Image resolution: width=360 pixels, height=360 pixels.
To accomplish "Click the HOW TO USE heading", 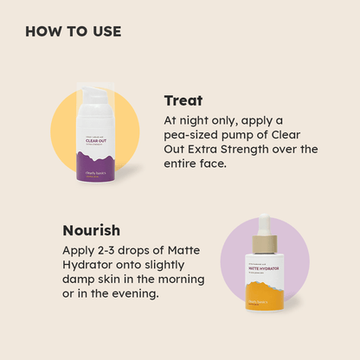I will click(x=73, y=32).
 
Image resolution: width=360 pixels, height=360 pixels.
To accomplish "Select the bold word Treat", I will click(x=183, y=100).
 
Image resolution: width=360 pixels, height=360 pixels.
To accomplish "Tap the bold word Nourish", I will click(x=91, y=231).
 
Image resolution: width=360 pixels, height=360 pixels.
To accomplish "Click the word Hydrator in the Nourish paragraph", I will click(x=90, y=266).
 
